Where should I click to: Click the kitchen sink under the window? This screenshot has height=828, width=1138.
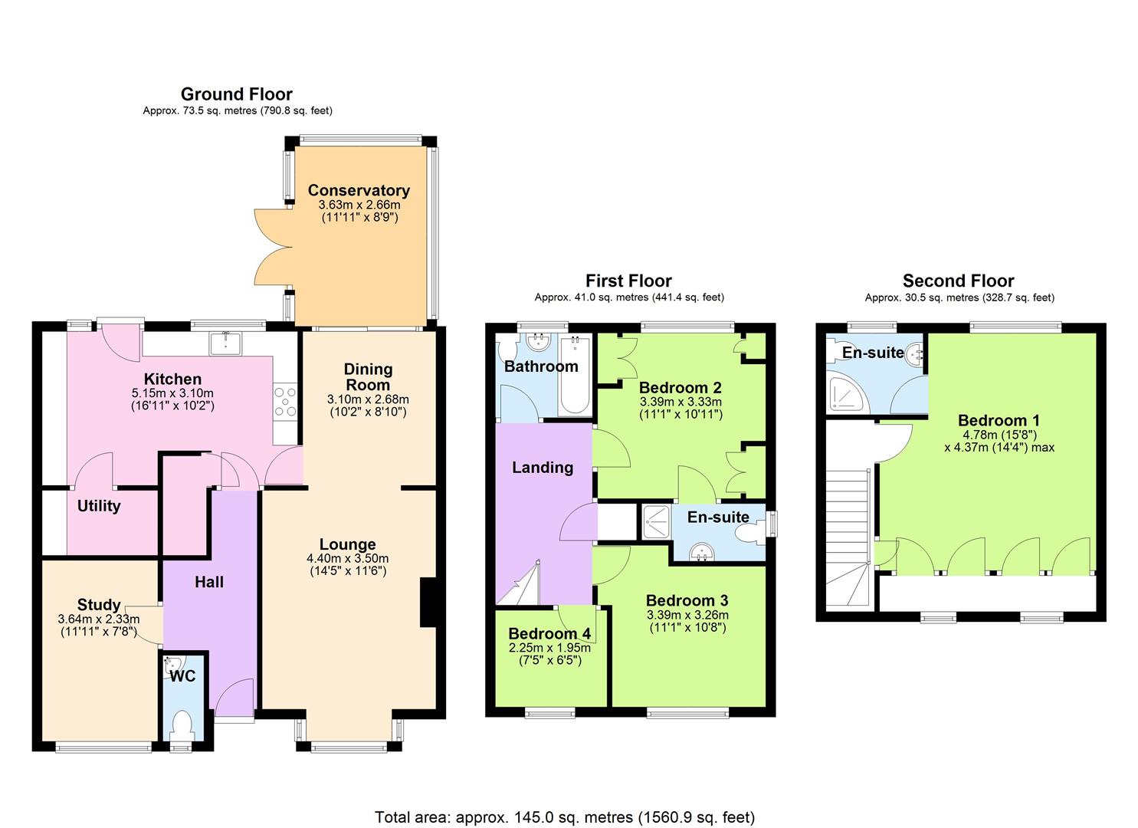point(225,343)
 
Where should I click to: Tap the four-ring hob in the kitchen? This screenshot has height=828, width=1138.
point(285,402)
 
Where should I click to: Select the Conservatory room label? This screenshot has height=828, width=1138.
point(359,190)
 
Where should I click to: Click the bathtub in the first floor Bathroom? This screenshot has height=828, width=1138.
point(575,375)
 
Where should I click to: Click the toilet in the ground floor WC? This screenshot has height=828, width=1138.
point(182,726)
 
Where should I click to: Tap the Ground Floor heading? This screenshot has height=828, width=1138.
point(237,94)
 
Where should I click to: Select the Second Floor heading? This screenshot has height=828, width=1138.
point(958,281)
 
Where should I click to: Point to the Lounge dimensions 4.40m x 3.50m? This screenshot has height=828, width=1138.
point(347,558)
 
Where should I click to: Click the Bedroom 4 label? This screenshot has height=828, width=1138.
point(549,633)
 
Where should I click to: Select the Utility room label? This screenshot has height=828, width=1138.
point(99,506)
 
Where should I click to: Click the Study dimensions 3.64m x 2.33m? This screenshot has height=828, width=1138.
point(99,619)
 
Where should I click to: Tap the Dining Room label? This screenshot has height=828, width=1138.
point(368,376)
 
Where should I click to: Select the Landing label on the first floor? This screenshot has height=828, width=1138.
point(542,467)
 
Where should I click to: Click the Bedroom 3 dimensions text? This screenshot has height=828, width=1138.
point(687,621)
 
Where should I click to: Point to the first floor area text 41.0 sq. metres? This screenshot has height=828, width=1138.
point(629,297)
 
